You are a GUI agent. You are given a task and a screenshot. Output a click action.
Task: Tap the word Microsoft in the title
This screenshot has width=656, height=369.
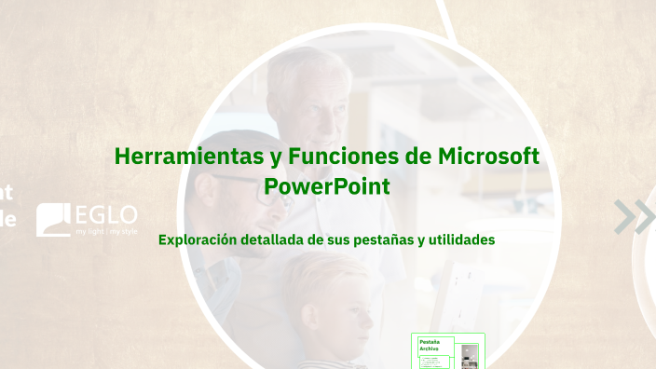tap(488, 157)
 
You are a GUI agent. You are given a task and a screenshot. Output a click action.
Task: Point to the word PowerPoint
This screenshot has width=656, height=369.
tap(326, 186)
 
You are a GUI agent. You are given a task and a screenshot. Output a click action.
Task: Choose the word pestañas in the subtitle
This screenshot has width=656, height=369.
tap(380, 239)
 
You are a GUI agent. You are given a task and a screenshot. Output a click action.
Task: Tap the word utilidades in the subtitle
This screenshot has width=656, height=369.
tap(458, 239)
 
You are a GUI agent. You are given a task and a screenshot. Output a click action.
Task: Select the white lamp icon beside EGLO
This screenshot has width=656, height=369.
tap(53, 220)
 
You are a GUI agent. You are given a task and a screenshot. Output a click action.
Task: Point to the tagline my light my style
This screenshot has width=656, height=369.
tap(106, 229)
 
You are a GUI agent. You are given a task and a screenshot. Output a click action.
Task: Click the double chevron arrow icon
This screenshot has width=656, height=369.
tap(634, 217)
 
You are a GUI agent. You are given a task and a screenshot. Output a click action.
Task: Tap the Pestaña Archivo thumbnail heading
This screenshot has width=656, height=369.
tap(430, 345)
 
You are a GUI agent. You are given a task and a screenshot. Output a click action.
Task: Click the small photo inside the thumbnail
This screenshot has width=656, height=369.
tap(471, 354)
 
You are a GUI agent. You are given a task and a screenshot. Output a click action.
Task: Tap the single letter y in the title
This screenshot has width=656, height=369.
tap(275, 157)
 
